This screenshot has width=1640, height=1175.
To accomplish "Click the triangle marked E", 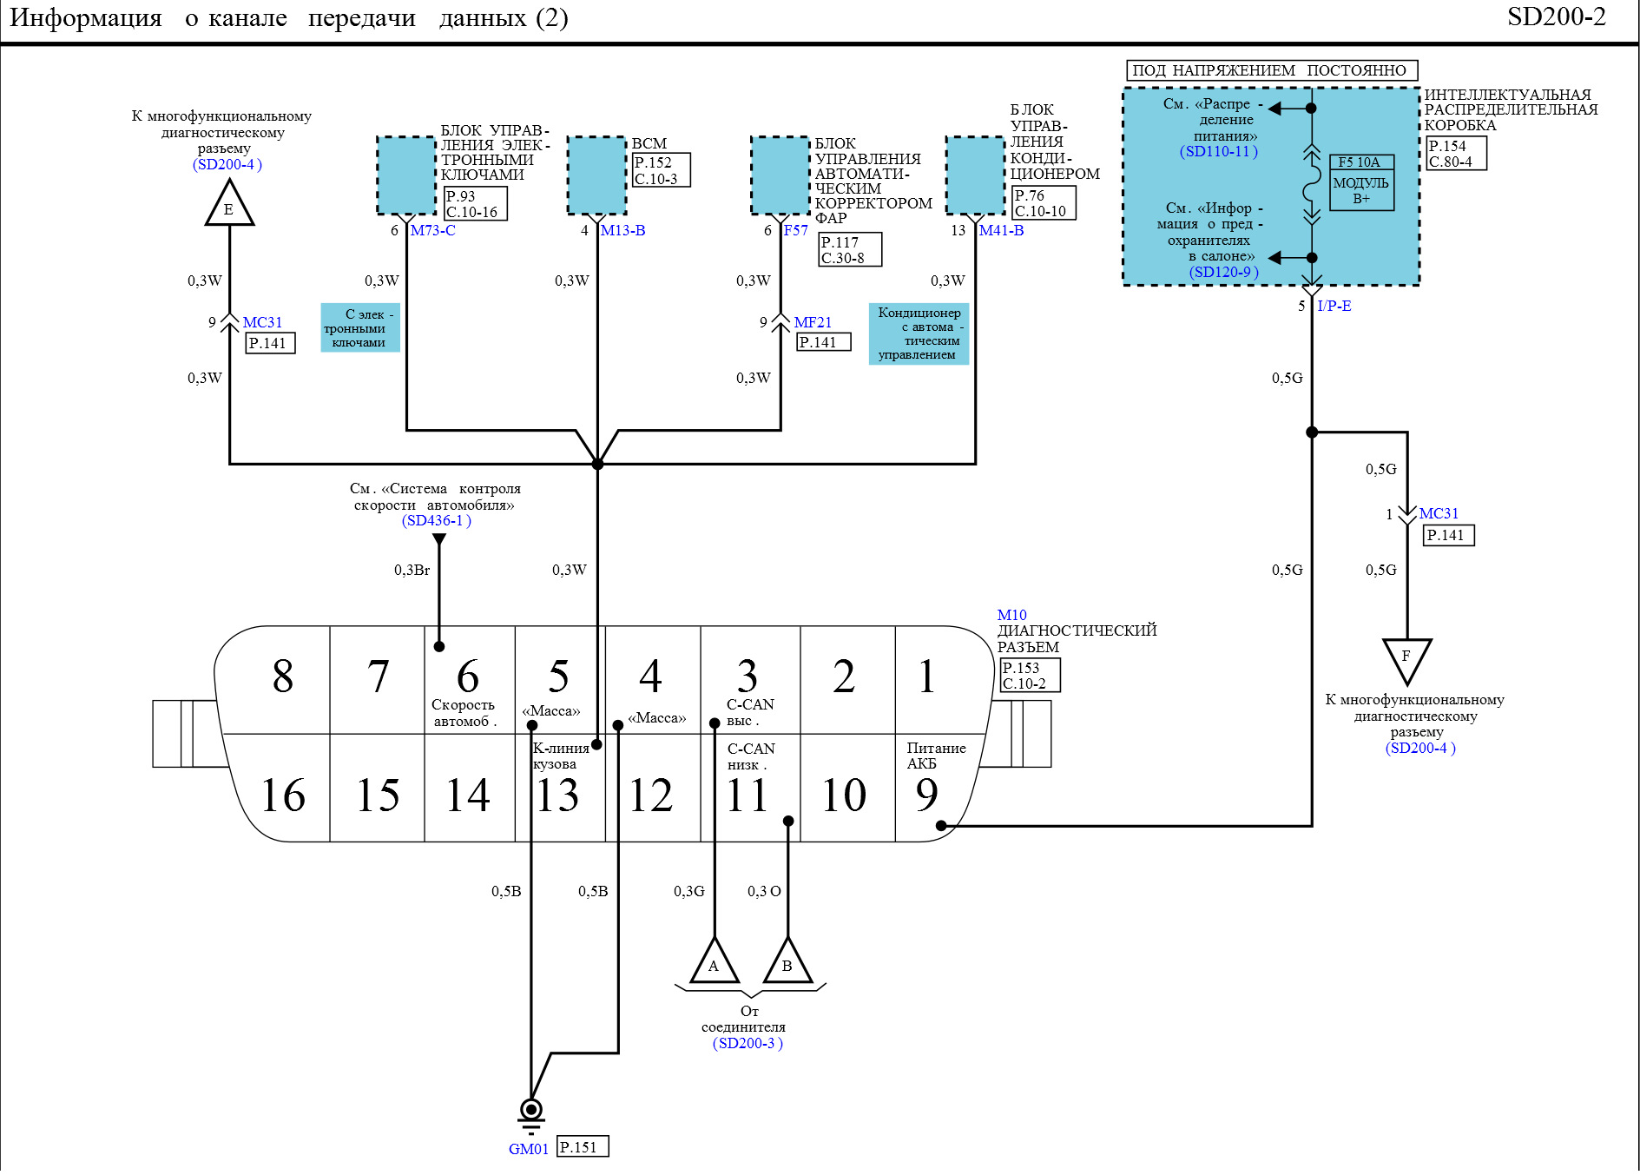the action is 229,204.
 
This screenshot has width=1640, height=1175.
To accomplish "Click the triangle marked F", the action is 1406,660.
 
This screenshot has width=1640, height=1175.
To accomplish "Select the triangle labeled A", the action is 714,961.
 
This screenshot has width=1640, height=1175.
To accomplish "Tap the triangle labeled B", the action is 787,961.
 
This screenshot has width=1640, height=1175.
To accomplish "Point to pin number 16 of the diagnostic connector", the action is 283,795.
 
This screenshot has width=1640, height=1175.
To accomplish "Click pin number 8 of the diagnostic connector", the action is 283,676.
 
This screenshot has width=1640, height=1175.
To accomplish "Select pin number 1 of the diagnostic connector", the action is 927,676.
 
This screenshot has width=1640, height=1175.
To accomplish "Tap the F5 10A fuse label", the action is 1360,162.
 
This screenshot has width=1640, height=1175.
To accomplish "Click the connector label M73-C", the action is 432,230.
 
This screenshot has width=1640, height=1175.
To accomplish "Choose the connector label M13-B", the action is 622,230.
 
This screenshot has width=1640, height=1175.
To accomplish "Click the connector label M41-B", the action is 1001,230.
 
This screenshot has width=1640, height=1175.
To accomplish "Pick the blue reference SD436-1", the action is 437,520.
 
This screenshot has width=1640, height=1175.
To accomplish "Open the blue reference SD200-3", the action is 748,1043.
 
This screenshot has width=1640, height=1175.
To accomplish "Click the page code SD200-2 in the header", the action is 1557,17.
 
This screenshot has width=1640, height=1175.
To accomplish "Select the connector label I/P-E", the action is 1334,306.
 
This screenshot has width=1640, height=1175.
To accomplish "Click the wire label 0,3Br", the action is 412,570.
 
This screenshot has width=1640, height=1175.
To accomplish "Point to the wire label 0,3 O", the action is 764,891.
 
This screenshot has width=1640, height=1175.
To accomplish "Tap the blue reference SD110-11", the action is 1219,151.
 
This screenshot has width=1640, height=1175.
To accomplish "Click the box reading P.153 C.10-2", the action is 1031,676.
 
